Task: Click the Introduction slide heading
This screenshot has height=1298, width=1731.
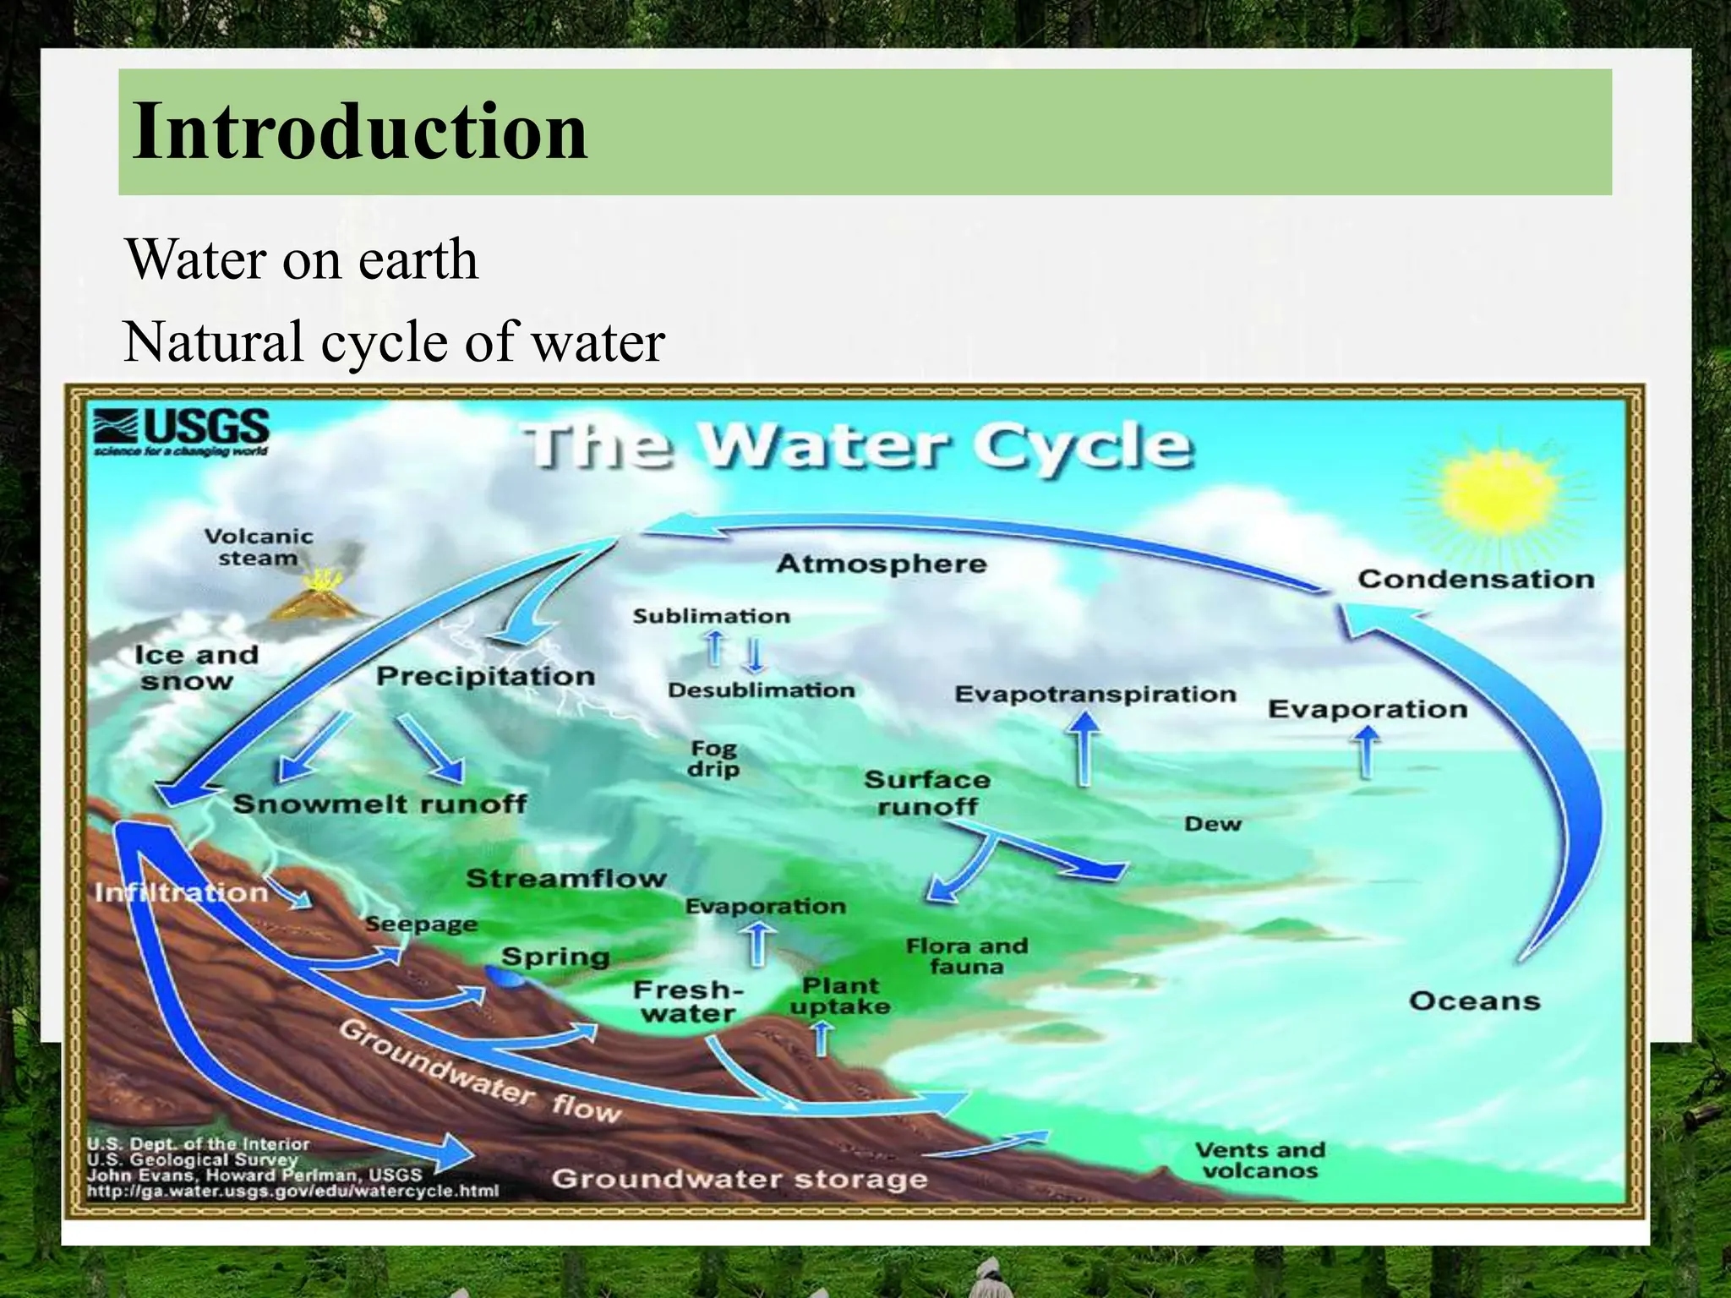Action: [x=360, y=131]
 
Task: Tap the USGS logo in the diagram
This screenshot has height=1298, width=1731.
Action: [x=182, y=432]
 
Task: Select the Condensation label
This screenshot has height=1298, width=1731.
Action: [x=1476, y=579]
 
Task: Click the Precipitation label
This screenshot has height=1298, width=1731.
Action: [x=485, y=676]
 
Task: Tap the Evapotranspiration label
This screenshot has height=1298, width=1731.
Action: [x=1095, y=694]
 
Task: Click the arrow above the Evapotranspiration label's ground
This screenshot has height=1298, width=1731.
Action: [x=1084, y=748]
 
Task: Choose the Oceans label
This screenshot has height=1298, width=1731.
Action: [x=1474, y=1001]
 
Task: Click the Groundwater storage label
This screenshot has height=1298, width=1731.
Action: [x=740, y=1178]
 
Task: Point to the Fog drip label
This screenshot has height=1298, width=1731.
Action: [x=713, y=758]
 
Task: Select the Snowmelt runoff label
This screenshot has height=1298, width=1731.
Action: [x=380, y=803]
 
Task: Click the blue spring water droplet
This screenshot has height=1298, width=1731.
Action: [x=505, y=977]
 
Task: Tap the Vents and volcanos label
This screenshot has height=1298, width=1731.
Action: [x=1259, y=1160]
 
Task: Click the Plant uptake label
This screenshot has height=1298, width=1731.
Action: [x=840, y=995]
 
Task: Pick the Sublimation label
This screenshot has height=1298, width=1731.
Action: [x=712, y=616]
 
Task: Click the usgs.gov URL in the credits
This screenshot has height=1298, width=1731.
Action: [x=292, y=1192]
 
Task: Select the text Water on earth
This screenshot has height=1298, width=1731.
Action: [x=302, y=259]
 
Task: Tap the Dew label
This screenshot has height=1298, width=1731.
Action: [x=1212, y=824]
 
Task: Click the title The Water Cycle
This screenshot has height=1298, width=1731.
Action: [x=857, y=445]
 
